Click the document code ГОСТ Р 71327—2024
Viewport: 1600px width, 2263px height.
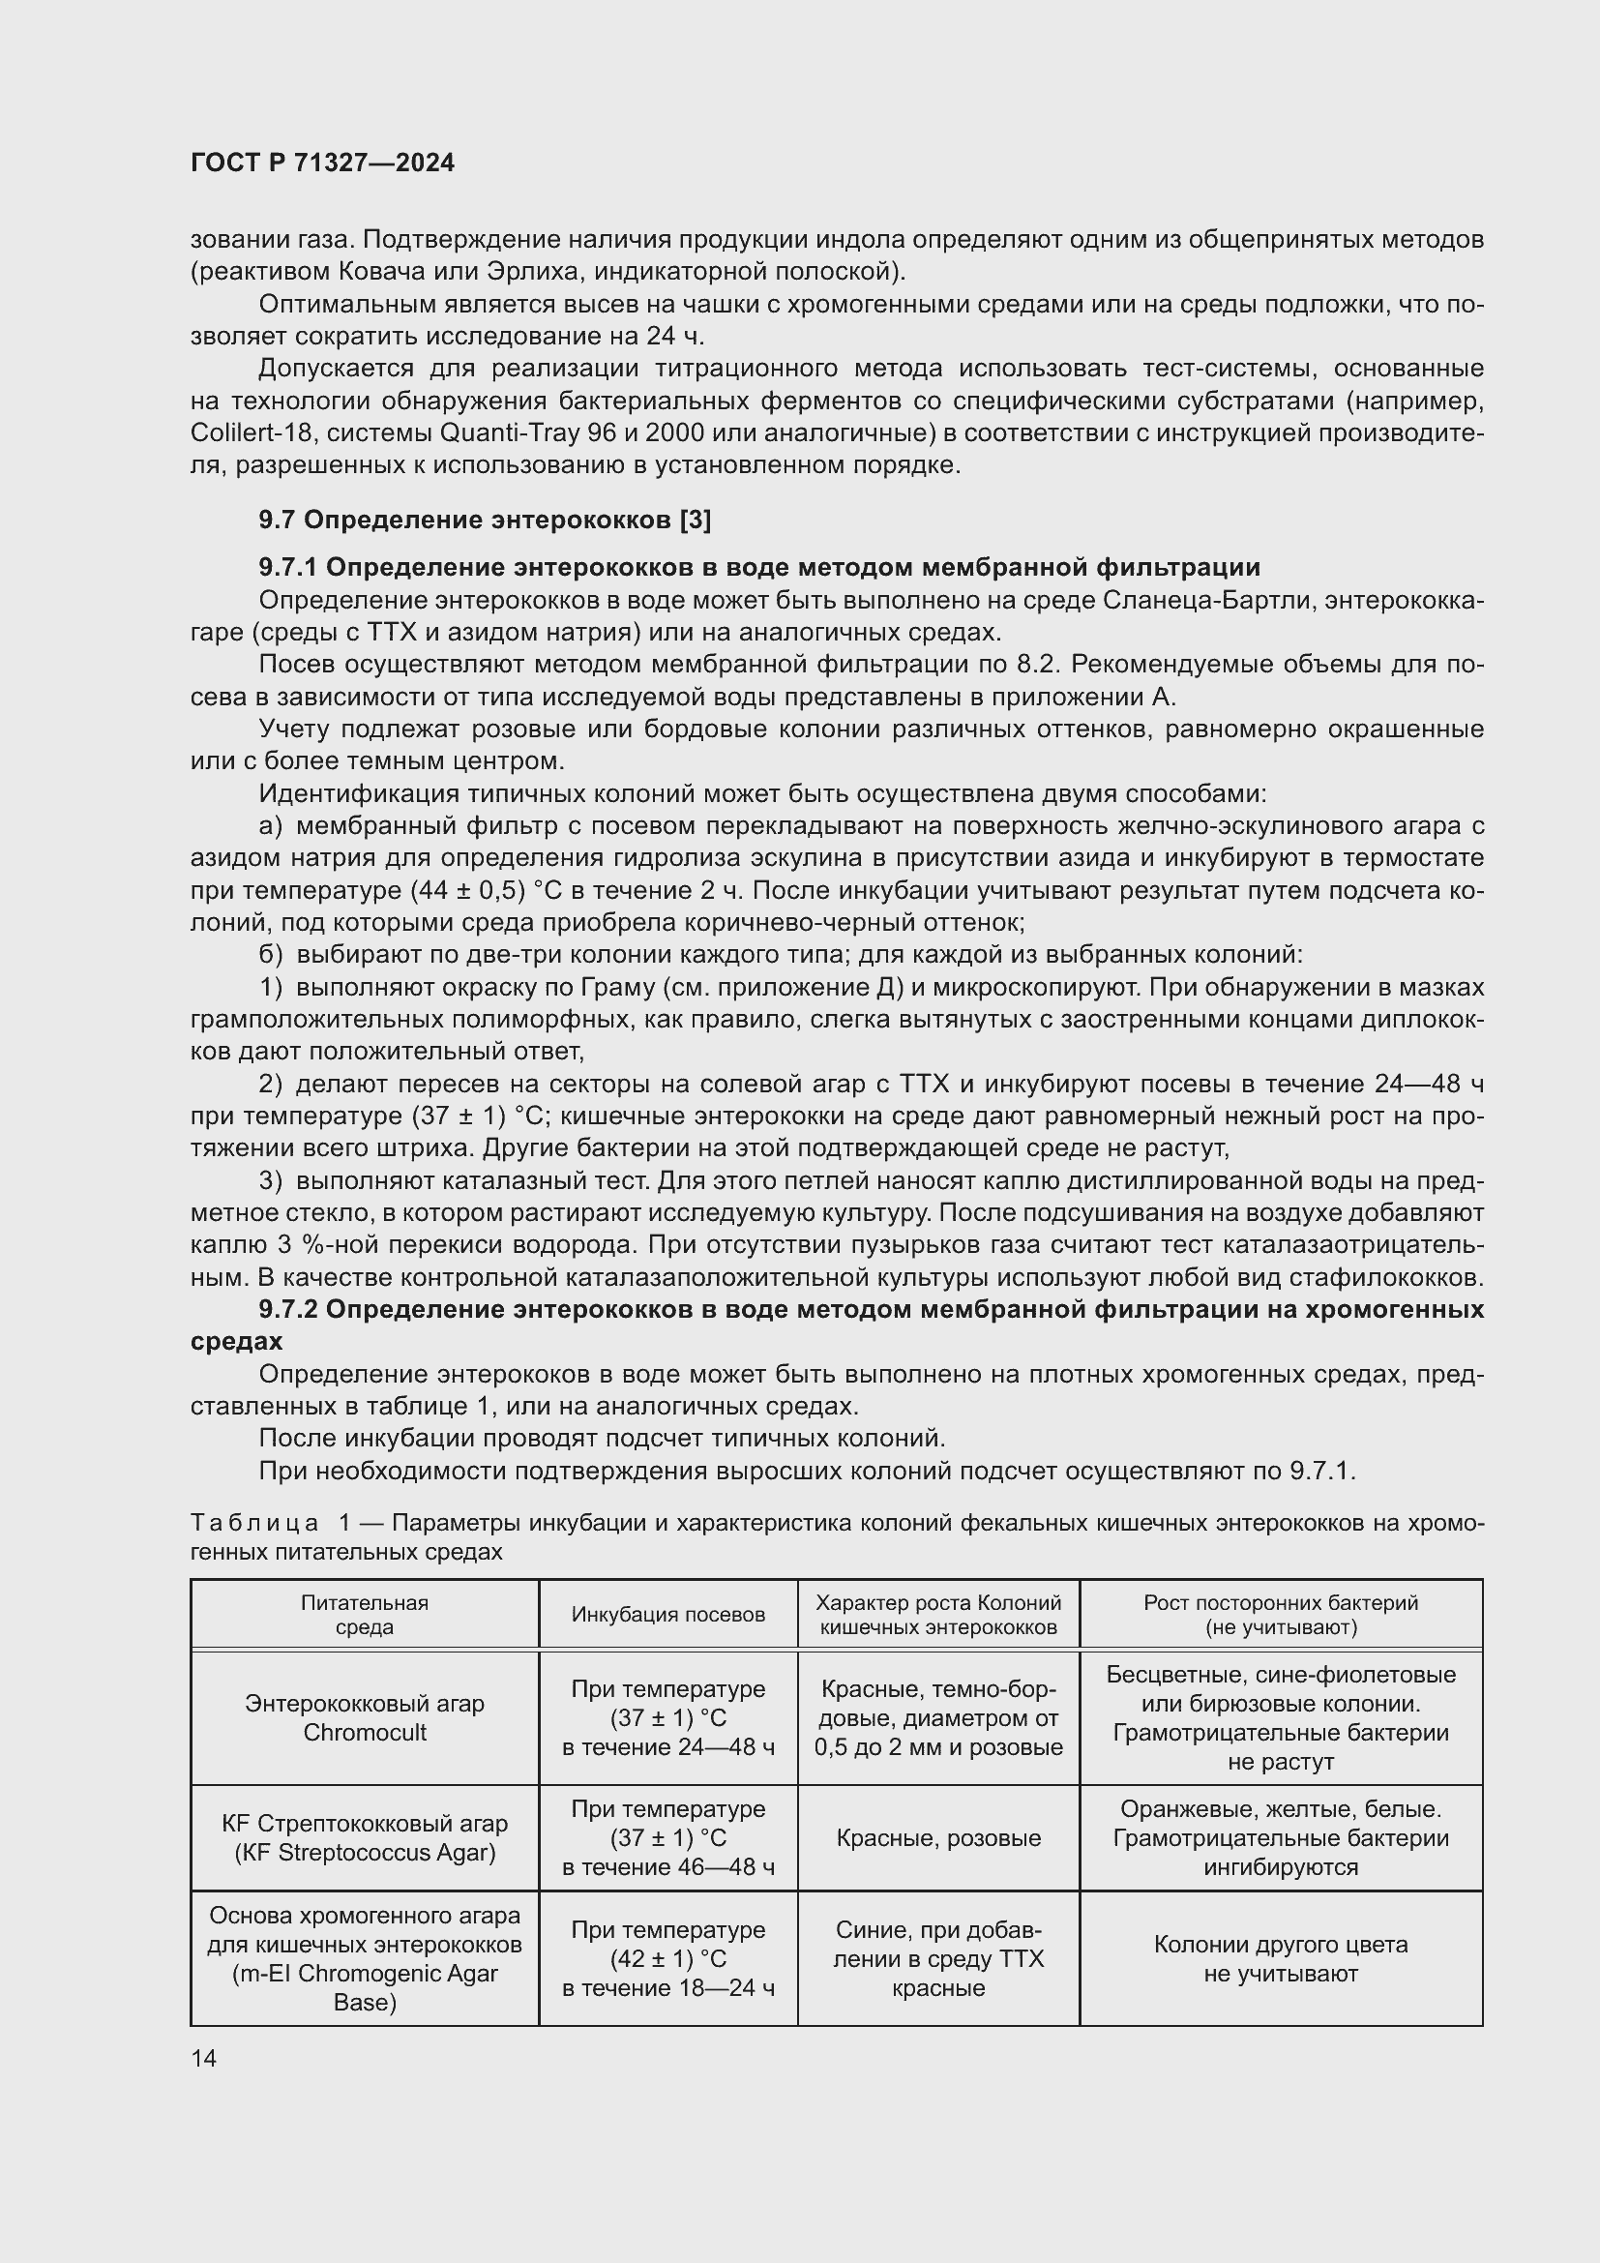click(x=322, y=163)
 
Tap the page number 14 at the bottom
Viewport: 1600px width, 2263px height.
click(x=204, y=2058)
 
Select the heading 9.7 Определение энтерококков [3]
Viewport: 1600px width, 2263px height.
click(x=485, y=520)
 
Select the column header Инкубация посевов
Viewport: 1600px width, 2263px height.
click(x=668, y=1615)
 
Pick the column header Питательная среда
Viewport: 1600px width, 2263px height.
click(x=365, y=1615)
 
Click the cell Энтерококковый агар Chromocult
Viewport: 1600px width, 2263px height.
click(x=365, y=1718)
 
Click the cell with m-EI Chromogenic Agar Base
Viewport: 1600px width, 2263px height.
click(x=365, y=1958)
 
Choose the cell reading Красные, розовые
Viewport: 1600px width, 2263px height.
click(x=938, y=1838)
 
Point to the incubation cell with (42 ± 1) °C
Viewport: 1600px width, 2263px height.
click(x=668, y=1958)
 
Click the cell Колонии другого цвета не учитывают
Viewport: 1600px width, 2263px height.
click(x=1280, y=1959)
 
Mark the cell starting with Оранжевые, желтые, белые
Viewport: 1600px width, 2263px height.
click(x=1280, y=1837)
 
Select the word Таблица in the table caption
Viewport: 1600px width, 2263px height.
click(x=254, y=1523)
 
